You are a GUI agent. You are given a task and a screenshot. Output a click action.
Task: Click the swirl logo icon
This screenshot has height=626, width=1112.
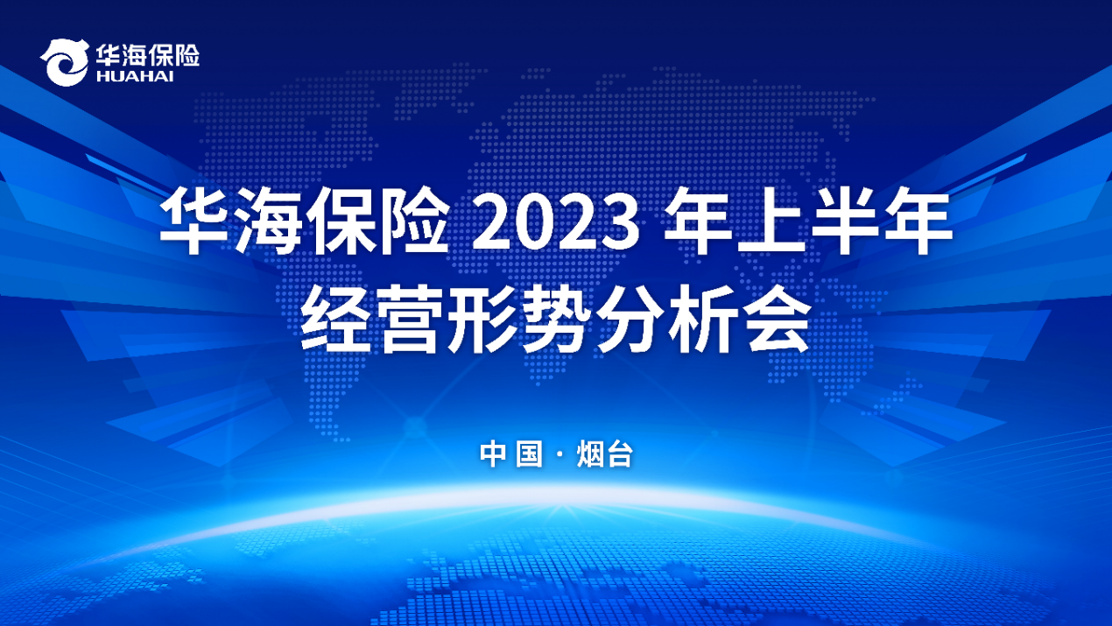pyautogui.click(x=65, y=62)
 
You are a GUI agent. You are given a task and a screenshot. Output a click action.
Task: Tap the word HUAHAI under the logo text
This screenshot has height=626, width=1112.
pyautogui.click(x=135, y=76)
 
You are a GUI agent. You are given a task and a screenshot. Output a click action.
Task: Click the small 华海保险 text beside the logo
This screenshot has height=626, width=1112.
pyautogui.click(x=147, y=55)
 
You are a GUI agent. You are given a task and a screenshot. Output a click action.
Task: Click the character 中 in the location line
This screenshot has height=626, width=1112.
pyautogui.click(x=492, y=454)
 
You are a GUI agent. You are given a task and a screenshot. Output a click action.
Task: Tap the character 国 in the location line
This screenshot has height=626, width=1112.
pyautogui.click(x=529, y=454)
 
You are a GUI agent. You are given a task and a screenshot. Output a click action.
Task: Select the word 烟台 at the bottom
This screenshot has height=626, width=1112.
pyautogui.click(x=605, y=454)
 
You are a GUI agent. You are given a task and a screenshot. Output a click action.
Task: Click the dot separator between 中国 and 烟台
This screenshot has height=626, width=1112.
pyautogui.click(x=560, y=454)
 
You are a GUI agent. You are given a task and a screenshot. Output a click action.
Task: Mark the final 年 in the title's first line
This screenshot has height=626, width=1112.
pyautogui.click(x=918, y=221)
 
